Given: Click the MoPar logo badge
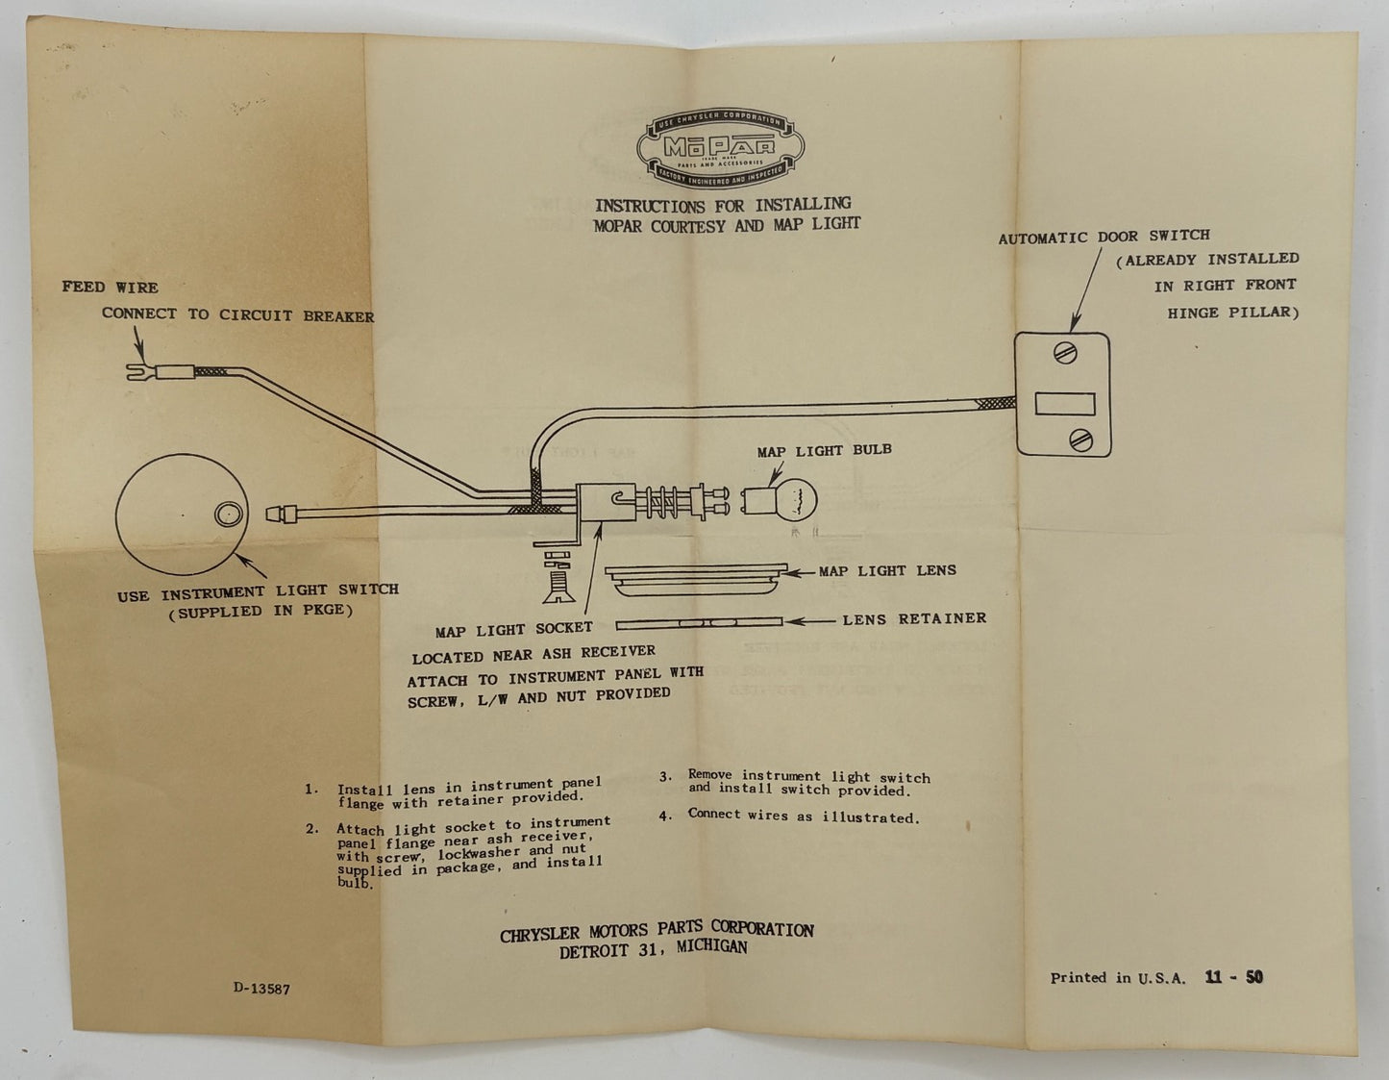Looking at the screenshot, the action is point(720,148).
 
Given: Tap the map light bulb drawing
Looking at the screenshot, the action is point(779,500).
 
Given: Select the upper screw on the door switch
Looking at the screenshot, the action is point(1065,354).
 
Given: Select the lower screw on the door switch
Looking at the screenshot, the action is point(1080,440).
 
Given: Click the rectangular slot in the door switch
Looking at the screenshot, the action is point(1064,404).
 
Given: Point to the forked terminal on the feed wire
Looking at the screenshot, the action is point(141,371).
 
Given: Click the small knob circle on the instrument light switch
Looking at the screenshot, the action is point(228,515).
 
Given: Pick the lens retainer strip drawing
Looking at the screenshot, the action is point(699,621).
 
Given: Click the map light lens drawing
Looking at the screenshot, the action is point(696,579).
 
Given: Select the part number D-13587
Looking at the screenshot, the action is point(261,989).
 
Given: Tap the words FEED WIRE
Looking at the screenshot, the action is point(110,288).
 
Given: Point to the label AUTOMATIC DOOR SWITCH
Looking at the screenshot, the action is point(1104,237).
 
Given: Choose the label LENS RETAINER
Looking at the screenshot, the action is point(914,619).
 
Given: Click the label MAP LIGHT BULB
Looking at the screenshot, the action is point(824,450).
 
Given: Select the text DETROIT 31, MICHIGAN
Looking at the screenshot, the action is point(654,949).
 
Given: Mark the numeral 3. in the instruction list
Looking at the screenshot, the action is point(665,776).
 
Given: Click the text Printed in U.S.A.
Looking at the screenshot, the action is point(1118,978).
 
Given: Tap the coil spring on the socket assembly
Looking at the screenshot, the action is point(663,501).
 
